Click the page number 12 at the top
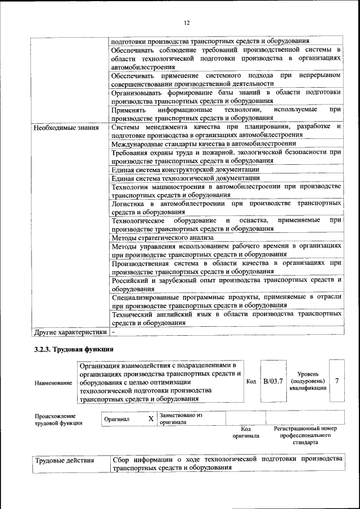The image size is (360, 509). pyautogui.click(x=187, y=22)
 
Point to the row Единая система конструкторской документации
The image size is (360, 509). pyautogui.click(x=185, y=169)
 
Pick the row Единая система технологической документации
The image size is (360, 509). pyautogui.click(x=186, y=178)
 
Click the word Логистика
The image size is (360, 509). pyautogui.click(x=129, y=203)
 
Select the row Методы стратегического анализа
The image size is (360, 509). pyautogui.click(x=160, y=237)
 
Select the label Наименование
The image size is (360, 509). pyautogui.click(x=53, y=382)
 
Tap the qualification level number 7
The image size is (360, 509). pyautogui.click(x=336, y=381)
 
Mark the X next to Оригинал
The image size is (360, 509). pyautogui.click(x=150, y=419)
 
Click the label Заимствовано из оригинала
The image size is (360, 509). pyautogui.click(x=180, y=418)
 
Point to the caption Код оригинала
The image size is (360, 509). pyautogui.click(x=245, y=432)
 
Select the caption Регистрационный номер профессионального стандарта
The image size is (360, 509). pyautogui.click(x=305, y=435)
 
